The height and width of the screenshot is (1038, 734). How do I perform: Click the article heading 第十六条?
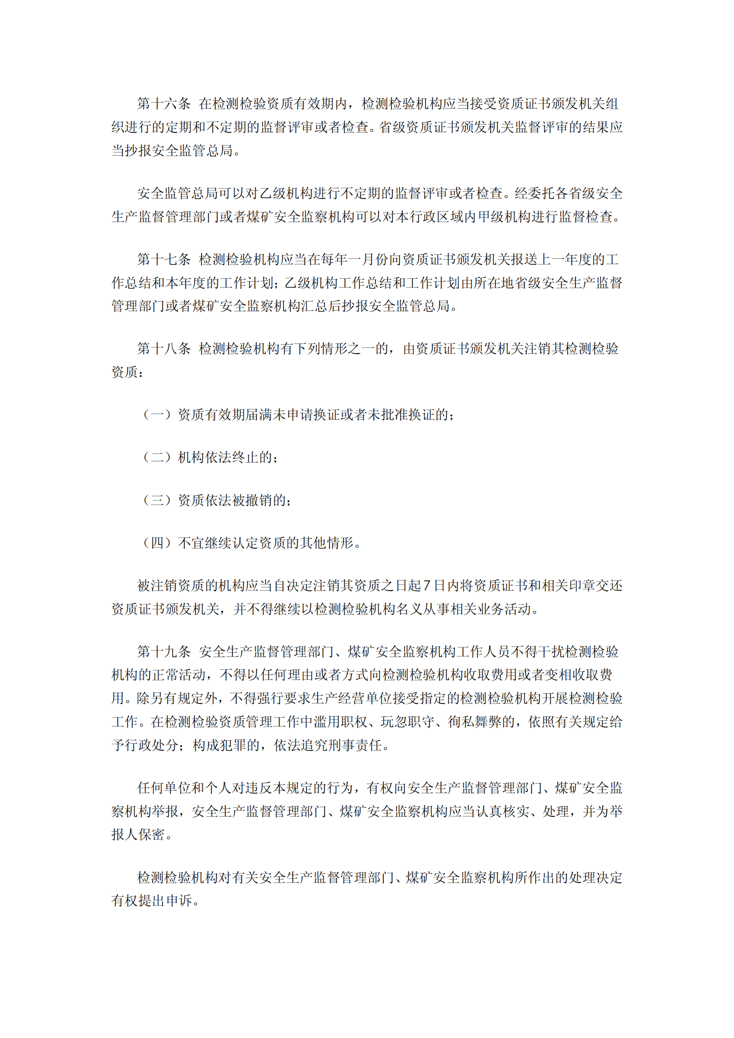point(164,104)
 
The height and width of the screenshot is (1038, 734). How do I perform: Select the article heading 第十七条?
point(164,260)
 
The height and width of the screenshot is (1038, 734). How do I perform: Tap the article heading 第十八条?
point(164,348)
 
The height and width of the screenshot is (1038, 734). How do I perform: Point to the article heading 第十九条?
point(164,651)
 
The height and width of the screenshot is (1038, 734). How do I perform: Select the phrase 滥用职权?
point(340,722)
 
